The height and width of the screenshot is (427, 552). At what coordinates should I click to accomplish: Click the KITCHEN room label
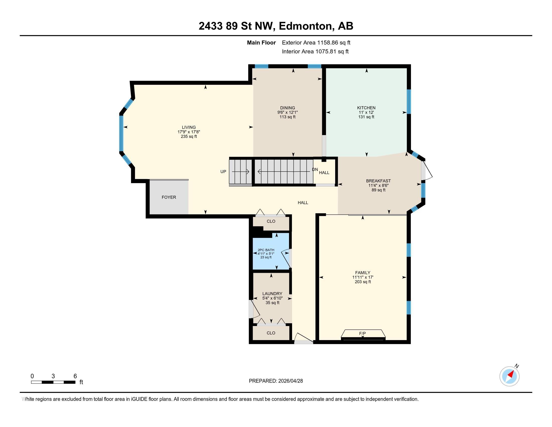(x=366, y=108)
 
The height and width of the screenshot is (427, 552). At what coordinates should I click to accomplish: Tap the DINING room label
(x=287, y=108)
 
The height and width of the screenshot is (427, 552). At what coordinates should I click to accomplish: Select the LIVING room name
(x=189, y=127)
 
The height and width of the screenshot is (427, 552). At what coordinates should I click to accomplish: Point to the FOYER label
(x=169, y=197)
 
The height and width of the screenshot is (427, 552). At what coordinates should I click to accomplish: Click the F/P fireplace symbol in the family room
(x=363, y=335)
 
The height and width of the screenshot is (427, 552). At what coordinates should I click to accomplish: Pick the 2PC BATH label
(x=266, y=250)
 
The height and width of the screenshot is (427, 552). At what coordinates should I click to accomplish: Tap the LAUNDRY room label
(x=272, y=294)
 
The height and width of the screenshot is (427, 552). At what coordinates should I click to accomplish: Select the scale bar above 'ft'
(x=53, y=382)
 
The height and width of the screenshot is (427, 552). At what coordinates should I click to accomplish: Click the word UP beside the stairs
(x=223, y=172)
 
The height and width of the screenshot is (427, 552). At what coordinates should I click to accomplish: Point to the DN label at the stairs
(x=315, y=170)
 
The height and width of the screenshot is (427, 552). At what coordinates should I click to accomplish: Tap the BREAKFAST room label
(x=378, y=181)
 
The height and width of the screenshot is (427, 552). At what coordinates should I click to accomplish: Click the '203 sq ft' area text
(x=363, y=282)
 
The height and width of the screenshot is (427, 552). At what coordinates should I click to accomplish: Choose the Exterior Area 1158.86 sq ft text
(x=316, y=42)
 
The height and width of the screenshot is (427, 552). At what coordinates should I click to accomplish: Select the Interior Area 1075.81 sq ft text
(x=315, y=51)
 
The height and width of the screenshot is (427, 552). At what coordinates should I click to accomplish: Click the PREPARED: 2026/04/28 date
(x=276, y=381)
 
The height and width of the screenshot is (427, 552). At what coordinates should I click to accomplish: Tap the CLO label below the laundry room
(x=271, y=333)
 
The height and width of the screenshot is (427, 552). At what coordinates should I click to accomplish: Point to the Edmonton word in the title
(x=305, y=26)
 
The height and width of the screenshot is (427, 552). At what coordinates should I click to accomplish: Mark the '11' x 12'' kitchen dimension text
(x=366, y=112)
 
